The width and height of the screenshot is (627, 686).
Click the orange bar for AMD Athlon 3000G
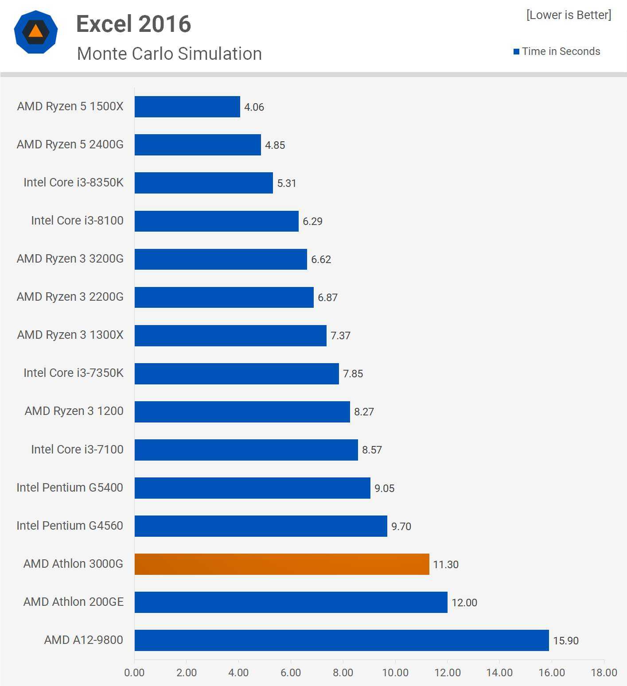click(x=282, y=564)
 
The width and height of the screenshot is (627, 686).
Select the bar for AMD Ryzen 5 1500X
click(x=187, y=107)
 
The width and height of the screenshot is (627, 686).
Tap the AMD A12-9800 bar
click(x=342, y=640)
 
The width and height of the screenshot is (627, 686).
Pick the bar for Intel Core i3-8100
click(x=216, y=221)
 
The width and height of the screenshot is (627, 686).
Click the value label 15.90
click(x=566, y=641)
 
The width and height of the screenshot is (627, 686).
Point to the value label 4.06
click(x=254, y=107)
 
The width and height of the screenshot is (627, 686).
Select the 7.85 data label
click(x=353, y=374)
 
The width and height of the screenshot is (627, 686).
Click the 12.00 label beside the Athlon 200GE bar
click(x=464, y=603)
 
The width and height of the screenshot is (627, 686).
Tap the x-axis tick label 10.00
click(x=395, y=673)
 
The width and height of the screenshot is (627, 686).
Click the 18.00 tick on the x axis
click(x=604, y=673)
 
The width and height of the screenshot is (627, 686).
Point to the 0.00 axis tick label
click(x=134, y=673)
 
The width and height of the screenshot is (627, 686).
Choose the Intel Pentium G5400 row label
click(x=70, y=488)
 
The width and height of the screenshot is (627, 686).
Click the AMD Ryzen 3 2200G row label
click(x=70, y=297)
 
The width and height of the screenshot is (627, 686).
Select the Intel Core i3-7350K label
click(x=74, y=373)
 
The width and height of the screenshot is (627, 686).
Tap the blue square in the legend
click(x=516, y=52)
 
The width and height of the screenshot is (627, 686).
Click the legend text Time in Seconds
click(x=561, y=51)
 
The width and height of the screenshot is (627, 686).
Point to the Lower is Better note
click(x=569, y=15)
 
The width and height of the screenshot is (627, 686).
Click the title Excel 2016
click(x=133, y=24)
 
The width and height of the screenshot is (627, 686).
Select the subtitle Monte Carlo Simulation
click(x=169, y=54)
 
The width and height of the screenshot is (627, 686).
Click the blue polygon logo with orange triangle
click(x=36, y=32)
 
